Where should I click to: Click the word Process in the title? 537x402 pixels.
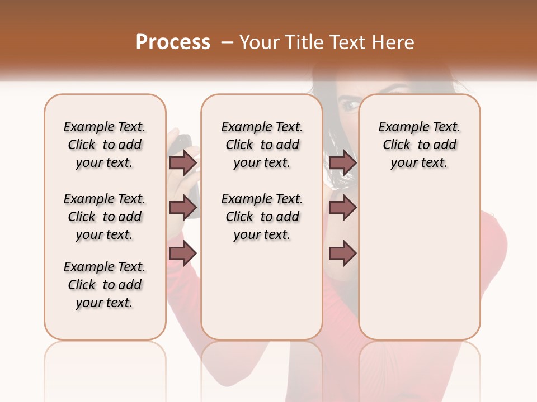(x=173, y=42)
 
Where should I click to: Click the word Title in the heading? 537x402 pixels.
(x=303, y=42)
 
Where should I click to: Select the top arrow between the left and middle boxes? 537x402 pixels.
(x=183, y=163)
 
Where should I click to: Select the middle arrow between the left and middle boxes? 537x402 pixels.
(x=183, y=208)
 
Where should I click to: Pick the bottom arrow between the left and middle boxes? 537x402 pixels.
(x=183, y=253)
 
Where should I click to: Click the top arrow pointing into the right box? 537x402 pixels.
(x=342, y=163)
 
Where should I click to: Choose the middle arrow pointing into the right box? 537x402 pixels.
(x=342, y=208)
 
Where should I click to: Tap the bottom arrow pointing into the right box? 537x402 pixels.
(x=342, y=253)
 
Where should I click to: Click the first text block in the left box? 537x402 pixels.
(x=105, y=145)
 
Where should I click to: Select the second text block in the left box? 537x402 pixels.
(x=105, y=217)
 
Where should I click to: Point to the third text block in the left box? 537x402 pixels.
(x=105, y=285)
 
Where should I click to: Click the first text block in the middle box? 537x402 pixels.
(x=262, y=145)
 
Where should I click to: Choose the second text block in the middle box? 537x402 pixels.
(x=262, y=217)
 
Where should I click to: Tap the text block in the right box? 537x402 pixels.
(x=420, y=145)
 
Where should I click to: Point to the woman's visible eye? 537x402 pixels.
(x=351, y=104)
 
